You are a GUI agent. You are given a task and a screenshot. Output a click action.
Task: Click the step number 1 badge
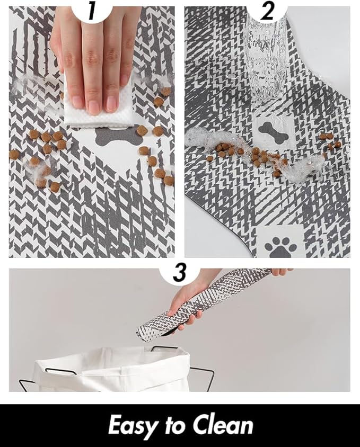92,11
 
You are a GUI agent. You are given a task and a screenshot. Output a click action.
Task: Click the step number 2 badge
267,11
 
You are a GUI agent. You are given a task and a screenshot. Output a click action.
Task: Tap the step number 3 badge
180,272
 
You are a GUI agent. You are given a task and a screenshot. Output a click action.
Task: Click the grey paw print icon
279,247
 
